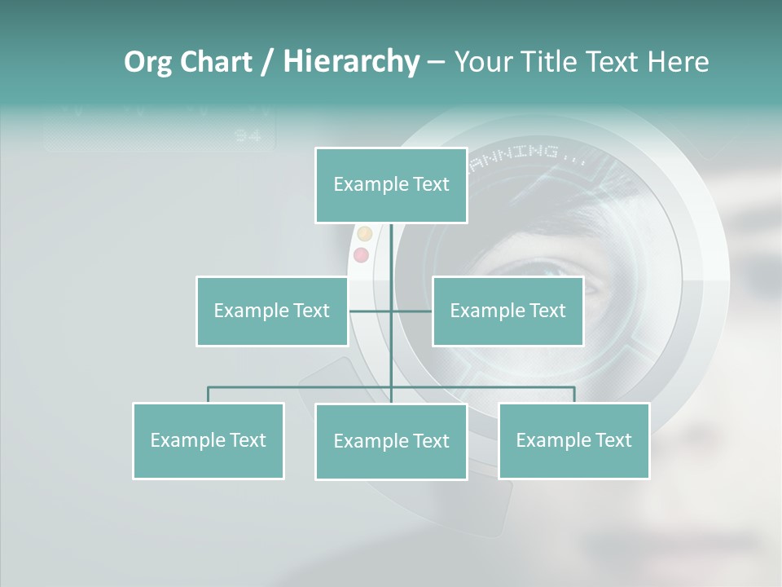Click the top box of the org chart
[x=391, y=185]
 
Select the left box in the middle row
[x=271, y=311]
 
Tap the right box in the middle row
[x=507, y=311]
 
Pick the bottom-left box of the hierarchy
[x=208, y=440]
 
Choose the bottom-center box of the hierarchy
[x=391, y=441]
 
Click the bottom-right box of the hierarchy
[x=573, y=440]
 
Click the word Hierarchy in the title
[x=350, y=62]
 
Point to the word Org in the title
[x=147, y=62]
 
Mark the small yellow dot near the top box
[x=364, y=234]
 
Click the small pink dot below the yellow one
[x=361, y=255]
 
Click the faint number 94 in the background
[x=248, y=136]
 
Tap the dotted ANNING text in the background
[x=521, y=152]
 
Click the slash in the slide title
[x=267, y=62]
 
